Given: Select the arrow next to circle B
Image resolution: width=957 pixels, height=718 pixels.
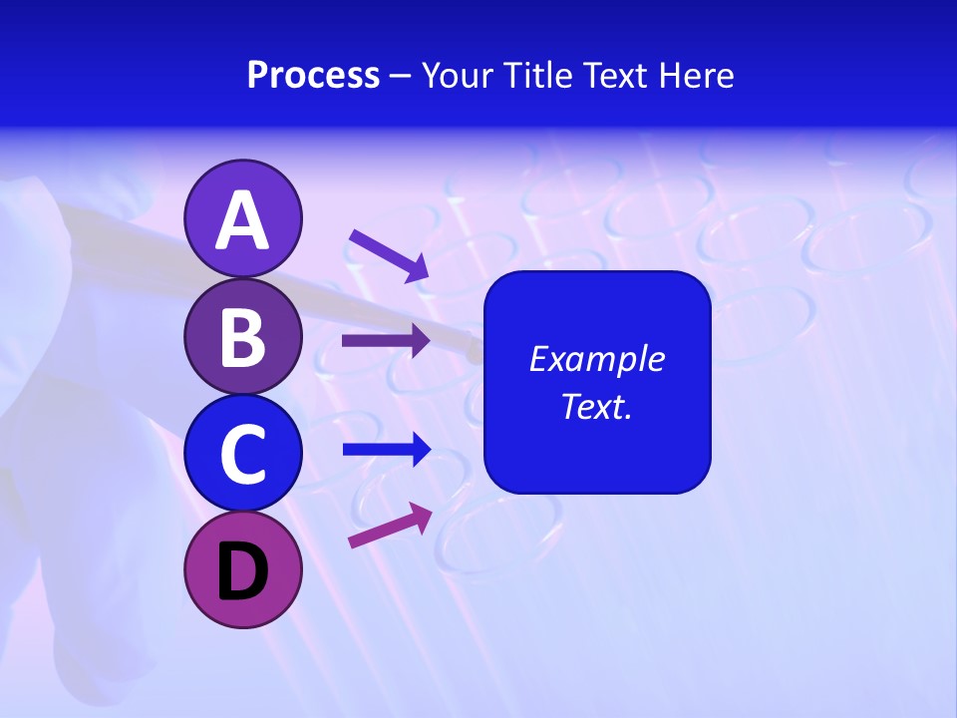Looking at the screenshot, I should click(386, 341).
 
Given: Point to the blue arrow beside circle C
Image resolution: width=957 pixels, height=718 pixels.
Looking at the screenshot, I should click(387, 450).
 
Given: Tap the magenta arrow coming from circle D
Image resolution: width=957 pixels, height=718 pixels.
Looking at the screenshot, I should click(390, 526).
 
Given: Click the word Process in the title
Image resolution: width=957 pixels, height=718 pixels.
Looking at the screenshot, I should click(313, 76).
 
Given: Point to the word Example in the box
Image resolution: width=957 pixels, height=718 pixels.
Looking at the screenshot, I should click(596, 359).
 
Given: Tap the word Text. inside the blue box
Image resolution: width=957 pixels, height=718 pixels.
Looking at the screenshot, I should click(596, 407).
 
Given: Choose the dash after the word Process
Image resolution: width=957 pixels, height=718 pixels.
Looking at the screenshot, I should click(400, 77).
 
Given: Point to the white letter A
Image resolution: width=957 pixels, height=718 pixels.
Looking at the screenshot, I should click(242, 219).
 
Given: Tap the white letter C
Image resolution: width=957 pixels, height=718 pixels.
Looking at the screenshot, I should click(242, 455).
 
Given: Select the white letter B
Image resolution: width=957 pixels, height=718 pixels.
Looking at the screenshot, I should click(242, 337).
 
